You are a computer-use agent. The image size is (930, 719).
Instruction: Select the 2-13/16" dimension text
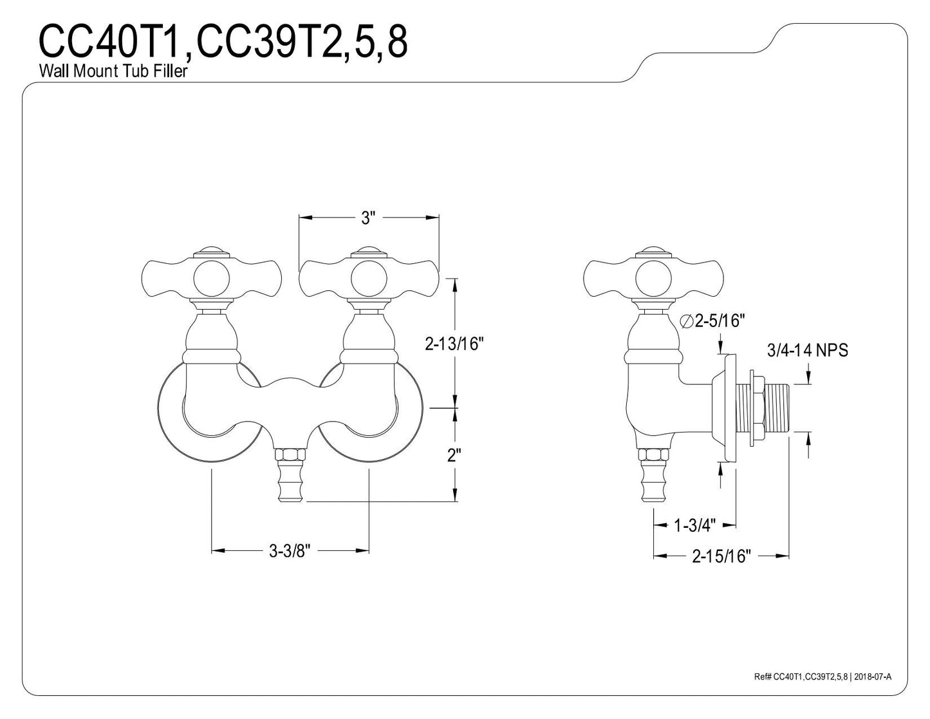(454, 344)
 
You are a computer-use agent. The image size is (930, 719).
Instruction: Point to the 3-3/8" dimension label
(290, 551)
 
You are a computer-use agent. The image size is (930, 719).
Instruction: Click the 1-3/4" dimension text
(694, 525)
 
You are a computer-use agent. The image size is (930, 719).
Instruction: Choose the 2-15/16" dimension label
(721, 556)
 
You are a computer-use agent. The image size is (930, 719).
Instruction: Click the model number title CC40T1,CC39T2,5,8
(223, 41)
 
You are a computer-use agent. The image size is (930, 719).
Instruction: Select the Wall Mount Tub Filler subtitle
(113, 71)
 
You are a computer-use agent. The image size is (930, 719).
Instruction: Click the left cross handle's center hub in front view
(211, 279)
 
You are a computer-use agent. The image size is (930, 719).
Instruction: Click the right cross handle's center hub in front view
(369, 279)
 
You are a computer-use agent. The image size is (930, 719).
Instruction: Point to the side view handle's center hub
(653, 279)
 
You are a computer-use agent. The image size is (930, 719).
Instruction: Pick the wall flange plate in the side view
(726, 408)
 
